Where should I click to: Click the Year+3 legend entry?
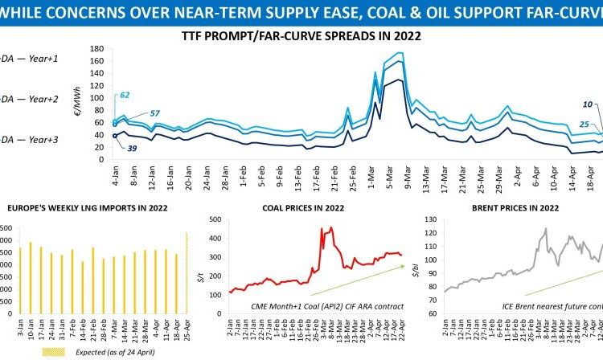coord(28,137)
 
